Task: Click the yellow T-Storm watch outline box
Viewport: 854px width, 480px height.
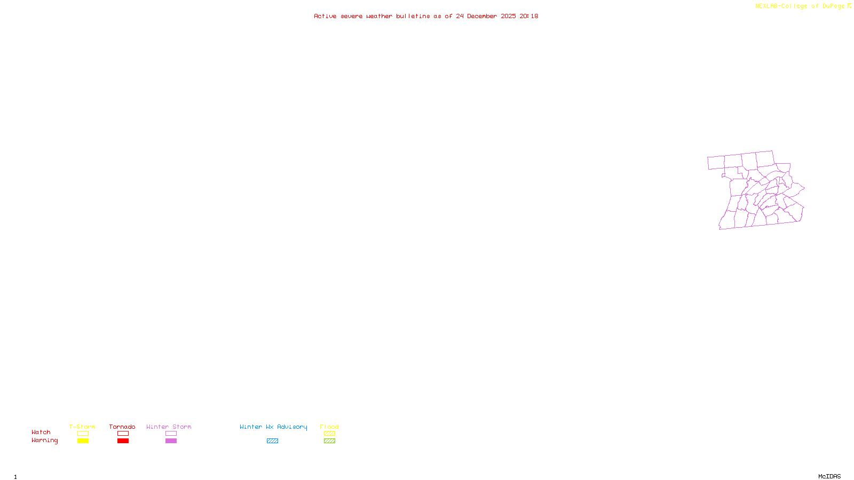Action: point(83,434)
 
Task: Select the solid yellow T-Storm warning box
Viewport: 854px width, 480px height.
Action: point(83,441)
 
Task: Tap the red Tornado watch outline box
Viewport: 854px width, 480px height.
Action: point(123,434)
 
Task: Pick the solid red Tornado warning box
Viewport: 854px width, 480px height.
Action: point(123,441)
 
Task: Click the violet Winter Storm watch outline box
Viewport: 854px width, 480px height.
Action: point(171,434)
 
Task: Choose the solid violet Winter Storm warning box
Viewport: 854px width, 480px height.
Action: point(171,441)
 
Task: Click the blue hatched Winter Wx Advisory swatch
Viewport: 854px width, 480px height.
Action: point(272,441)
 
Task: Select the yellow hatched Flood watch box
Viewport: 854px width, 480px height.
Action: point(329,434)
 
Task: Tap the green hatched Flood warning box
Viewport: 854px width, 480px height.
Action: point(329,441)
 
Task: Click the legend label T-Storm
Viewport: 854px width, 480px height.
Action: point(82,427)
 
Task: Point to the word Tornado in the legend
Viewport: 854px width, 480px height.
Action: point(122,427)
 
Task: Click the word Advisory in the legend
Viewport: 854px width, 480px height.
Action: point(292,427)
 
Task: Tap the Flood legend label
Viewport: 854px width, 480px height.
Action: point(329,427)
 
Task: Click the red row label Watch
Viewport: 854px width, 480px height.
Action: point(41,433)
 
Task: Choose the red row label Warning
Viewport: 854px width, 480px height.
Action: point(44,441)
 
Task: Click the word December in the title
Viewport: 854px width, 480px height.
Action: point(482,16)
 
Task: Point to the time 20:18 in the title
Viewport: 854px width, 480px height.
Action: point(529,16)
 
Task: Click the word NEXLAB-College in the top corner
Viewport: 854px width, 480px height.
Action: point(781,6)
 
